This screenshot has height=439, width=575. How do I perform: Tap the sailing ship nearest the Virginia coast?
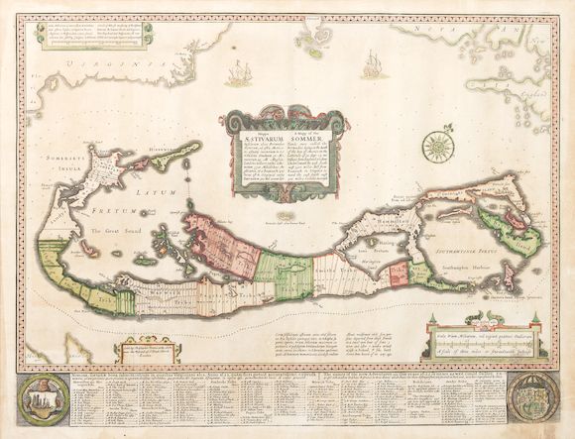239,72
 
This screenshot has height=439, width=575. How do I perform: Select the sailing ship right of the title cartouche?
373,65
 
